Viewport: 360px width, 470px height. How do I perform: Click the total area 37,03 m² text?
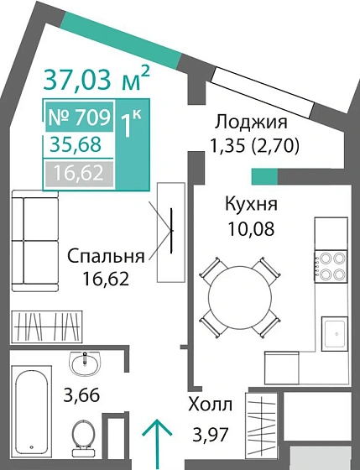click(97, 81)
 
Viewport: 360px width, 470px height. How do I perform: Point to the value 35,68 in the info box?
click(72, 145)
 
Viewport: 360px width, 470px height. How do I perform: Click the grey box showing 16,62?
click(72, 174)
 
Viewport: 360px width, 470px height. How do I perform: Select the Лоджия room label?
click(250, 123)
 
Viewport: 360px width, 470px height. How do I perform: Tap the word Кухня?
click(251, 204)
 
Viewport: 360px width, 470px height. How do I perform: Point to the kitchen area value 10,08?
click(250, 226)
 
